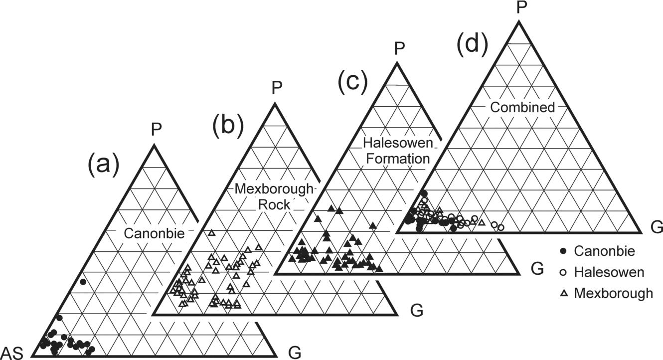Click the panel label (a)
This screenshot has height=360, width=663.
coord(103,165)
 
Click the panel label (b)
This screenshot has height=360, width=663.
coord(227,126)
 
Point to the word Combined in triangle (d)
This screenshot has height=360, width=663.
coord(522,107)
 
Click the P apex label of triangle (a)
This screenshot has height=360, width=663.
coord(156,130)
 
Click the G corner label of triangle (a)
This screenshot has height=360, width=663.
coord(294,352)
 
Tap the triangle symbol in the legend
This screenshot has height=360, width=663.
coord(563,294)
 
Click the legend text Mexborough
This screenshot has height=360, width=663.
coord(613,293)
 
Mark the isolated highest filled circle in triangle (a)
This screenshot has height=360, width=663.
coord(83,282)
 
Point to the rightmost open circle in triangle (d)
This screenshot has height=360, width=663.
coord(500,227)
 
